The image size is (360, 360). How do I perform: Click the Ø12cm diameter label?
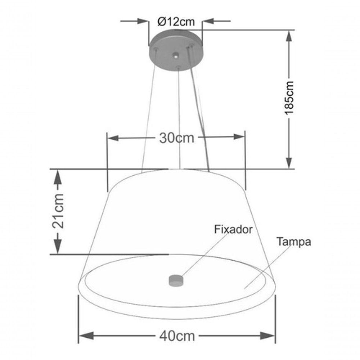click(x=176, y=22)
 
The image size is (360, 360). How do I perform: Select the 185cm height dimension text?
click(x=289, y=98)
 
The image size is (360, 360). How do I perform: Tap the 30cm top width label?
click(x=176, y=138)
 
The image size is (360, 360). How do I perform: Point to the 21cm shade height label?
click(x=58, y=211)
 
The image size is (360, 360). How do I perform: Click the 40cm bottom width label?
click(x=177, y=336)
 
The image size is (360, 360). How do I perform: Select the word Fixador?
click(x=233, y=230)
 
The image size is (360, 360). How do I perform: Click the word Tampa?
click(x=294, y=242)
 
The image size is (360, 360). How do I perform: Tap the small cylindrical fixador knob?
click(x=176, y=280)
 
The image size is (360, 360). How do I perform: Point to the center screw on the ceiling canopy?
click(x=175, y=55)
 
